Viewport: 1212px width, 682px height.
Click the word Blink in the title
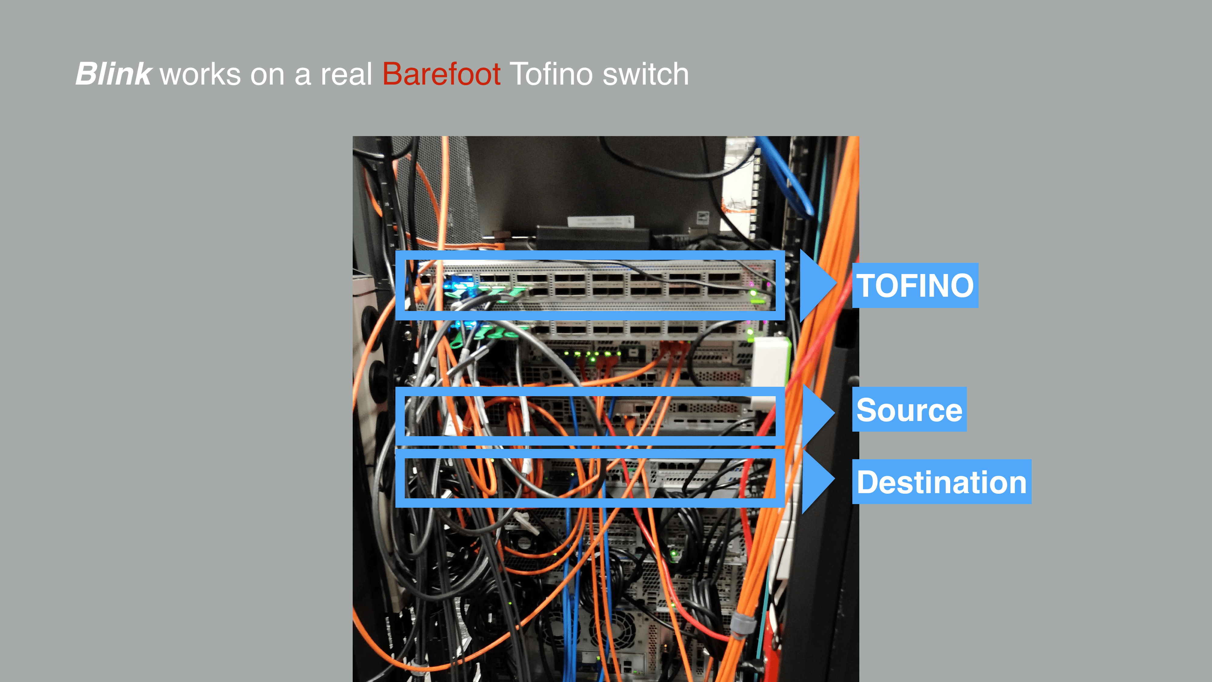(113, 74)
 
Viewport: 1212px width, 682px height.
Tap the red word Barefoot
(441, 74)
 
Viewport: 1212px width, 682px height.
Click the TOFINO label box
(915, 285)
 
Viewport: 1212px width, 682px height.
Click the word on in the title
(267, 74)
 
